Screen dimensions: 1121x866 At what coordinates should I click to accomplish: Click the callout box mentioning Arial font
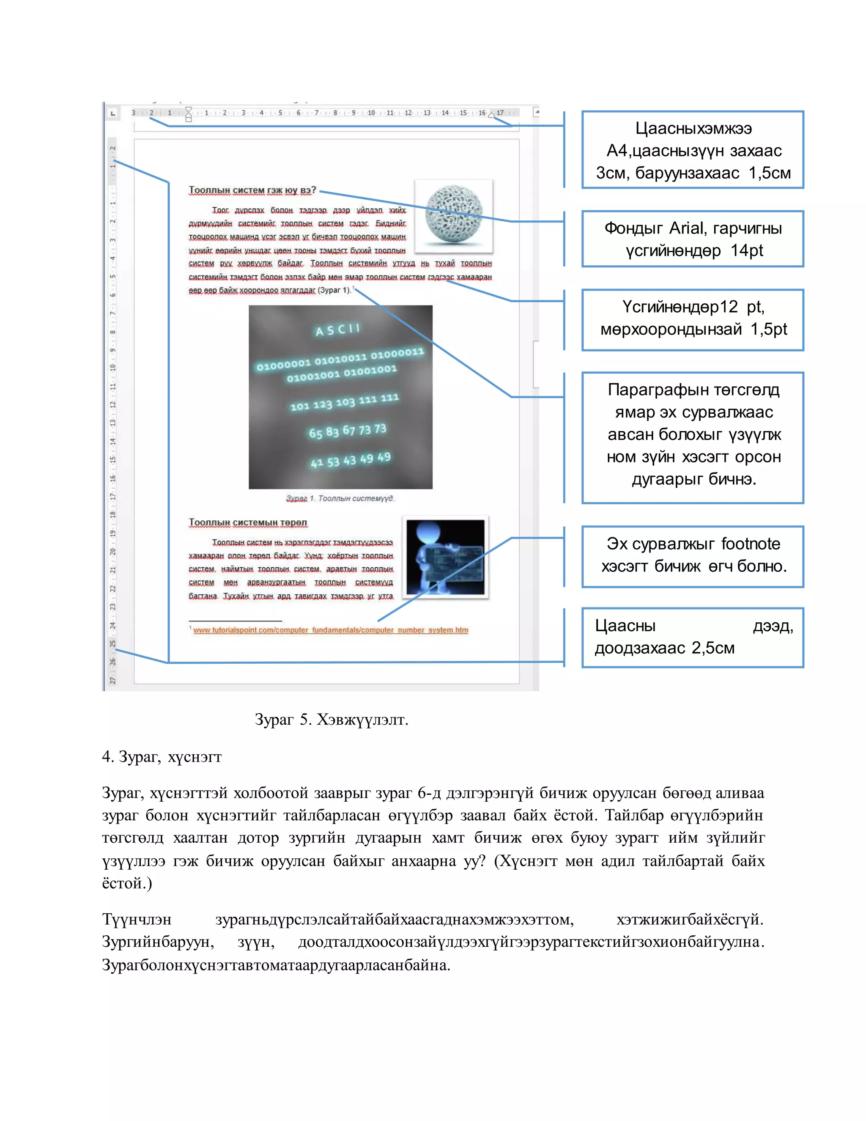pyautogui.click(x=692, y=239)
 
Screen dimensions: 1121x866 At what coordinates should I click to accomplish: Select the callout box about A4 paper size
pyautogui.click(x=692, y=150)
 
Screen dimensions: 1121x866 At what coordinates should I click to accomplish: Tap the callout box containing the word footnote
pyautogui.click(x=692, y=556)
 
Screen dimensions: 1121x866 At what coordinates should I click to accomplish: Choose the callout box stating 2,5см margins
pyautogui.click(x=692, y=637)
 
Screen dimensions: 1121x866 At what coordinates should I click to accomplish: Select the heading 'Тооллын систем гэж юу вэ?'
pyautogui.click(x=252, y=190)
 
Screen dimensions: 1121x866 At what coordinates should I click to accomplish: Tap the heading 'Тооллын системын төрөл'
pyautogui.click(x=248, y=522)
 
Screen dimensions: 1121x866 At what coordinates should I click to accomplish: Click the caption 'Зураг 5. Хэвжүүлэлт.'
pyautogui.click(x=332, y=720)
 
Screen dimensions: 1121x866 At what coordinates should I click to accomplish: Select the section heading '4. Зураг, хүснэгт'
pyautogui.click(x=162, y=757)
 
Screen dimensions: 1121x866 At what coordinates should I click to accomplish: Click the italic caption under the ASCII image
pyautogui.click(x=340, y=498)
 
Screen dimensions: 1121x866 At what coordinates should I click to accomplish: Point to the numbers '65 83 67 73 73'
pyautogui.click(x=347, y=431)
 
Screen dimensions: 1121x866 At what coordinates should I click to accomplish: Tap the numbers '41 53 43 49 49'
pyautogui.click(x=351, y=460)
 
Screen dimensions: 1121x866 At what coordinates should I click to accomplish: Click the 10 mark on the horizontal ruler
pyautogui.click(x=371, y=113)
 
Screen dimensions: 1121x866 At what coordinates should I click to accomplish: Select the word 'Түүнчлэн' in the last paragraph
pyautogui.click(x=137, y=919)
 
